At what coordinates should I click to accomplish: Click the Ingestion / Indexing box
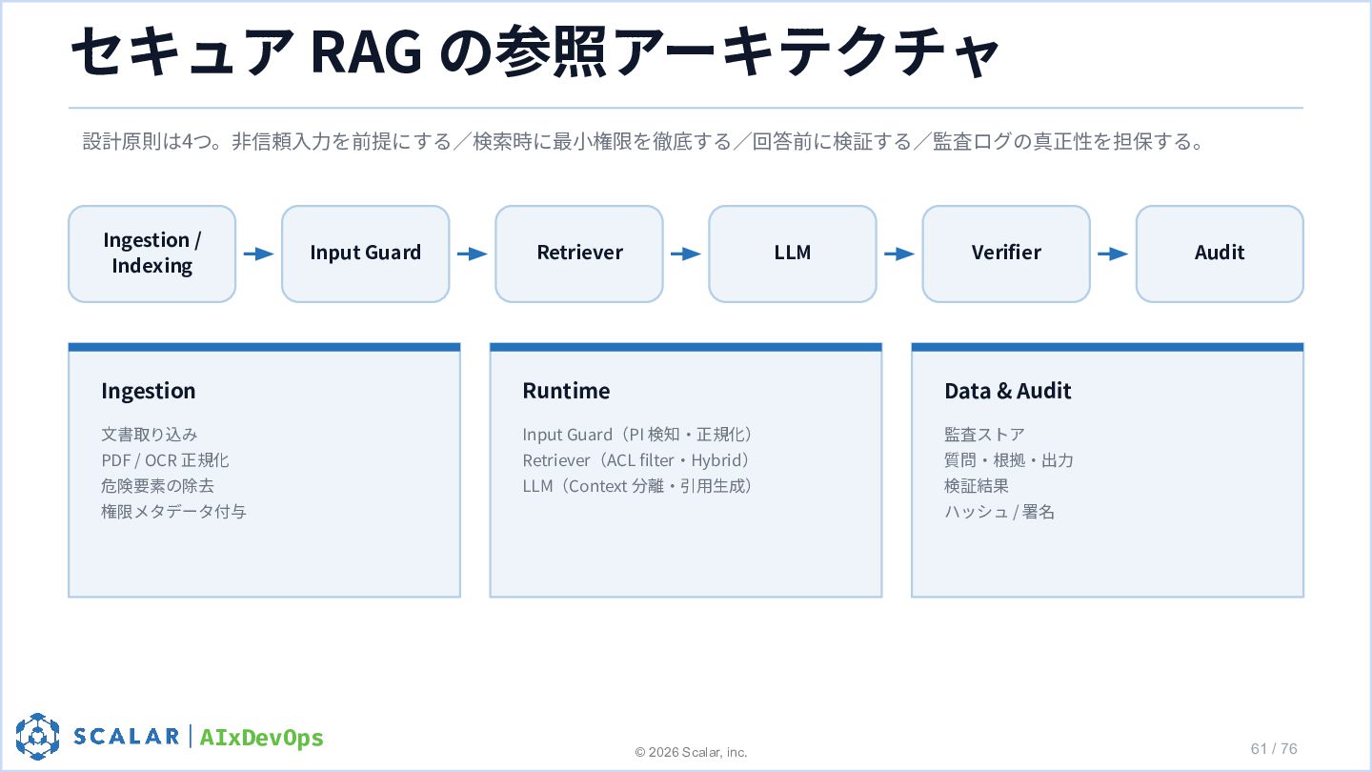(x=151, y=254)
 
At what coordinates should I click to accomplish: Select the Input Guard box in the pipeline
(x=366, y=254)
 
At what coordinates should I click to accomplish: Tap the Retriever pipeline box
(x=579, y=254)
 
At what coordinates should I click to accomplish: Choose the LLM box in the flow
(x=793, y=254)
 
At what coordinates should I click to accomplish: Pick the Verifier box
(x=1006, y=254)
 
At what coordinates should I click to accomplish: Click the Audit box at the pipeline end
(x=1220, y=254)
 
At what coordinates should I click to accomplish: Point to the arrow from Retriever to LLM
(x=686, y=254)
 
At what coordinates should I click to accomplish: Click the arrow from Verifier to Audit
(x=1113, y=254)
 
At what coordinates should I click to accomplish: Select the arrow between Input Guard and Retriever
(x=473, y=254)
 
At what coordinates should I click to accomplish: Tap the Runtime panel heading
(x=566, y=391)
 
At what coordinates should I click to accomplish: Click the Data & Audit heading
(x=1008, y=391)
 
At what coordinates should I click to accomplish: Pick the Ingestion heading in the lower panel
(x=149, y=392)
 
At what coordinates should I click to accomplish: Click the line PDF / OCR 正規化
(x=166, y=460)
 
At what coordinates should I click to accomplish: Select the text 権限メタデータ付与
(x=174, y=512)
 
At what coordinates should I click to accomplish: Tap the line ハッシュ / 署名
(x=999, y=512)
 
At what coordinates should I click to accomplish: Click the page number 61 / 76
(x=1274, y=749)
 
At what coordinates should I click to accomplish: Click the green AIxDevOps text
(x=261, y=738)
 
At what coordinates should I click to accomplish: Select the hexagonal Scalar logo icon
(x=37, y=737)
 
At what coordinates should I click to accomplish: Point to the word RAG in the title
(x=366, y=52)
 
